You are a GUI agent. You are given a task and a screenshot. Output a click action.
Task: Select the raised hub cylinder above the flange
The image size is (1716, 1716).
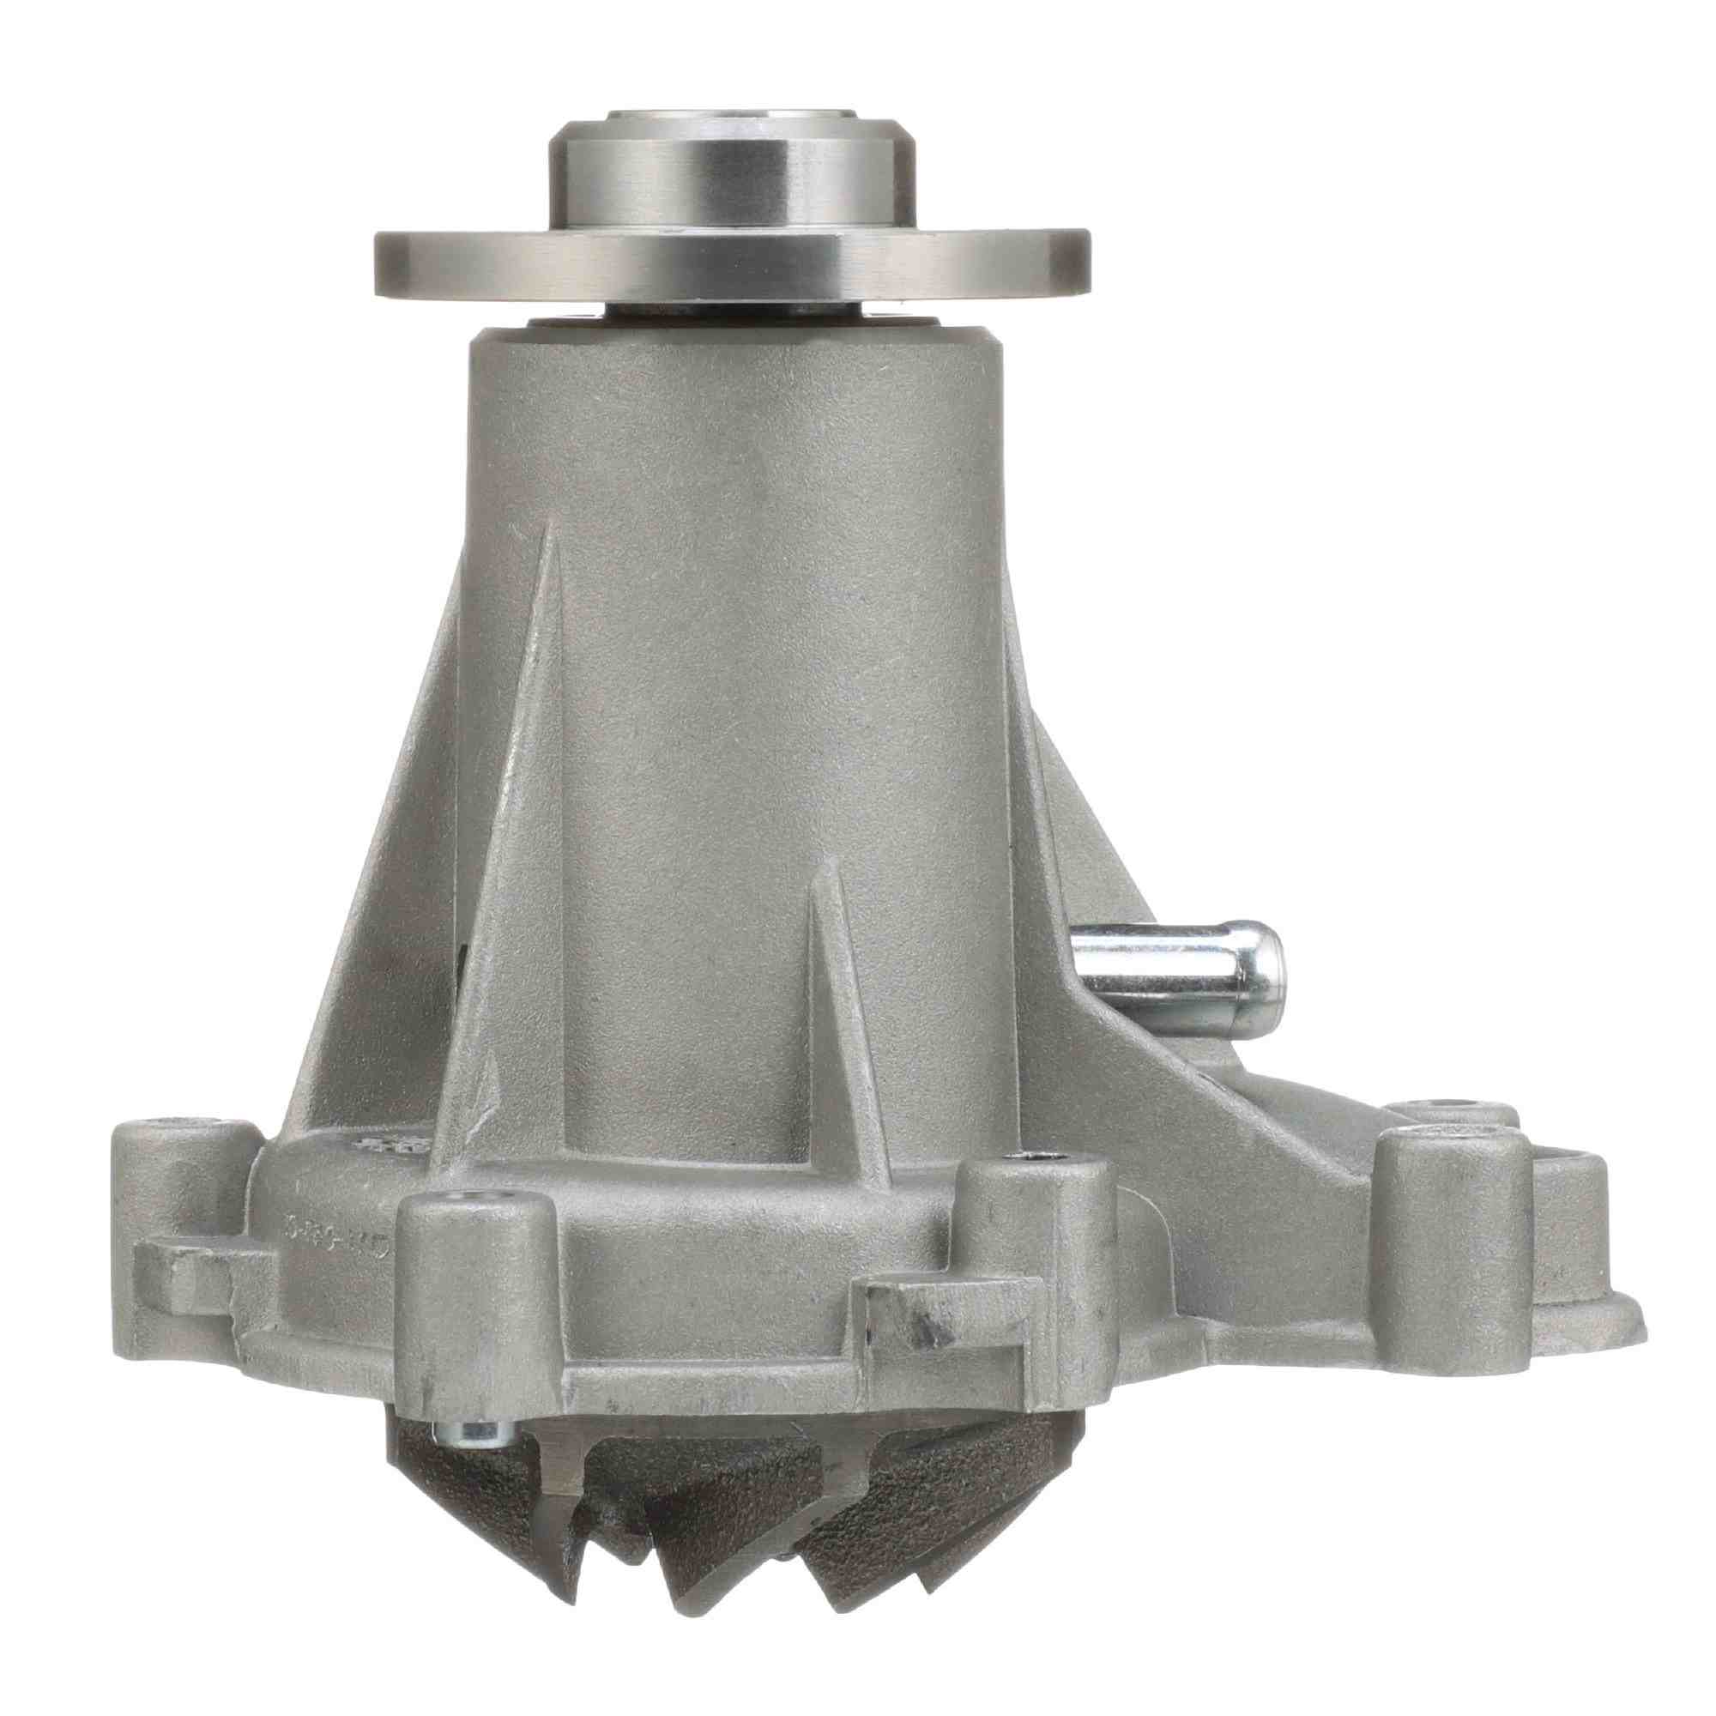click(x=734, y=173)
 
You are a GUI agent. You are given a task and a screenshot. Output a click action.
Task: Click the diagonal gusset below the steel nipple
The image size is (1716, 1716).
click(x=1190, y=1110)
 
